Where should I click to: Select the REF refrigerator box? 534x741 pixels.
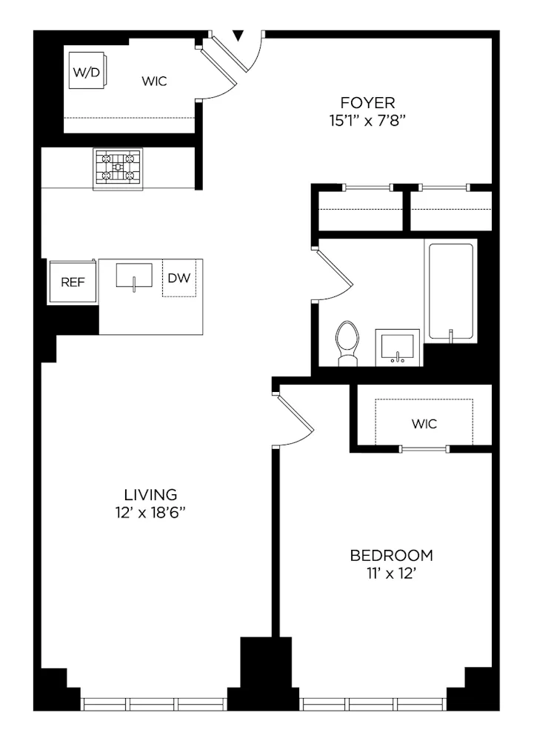pos(73,282)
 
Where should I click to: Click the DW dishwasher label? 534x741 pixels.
pos(178,278)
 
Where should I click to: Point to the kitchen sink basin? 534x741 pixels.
pos(134,275)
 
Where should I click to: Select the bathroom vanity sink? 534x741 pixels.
pos(398,347)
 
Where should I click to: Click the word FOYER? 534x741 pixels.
pos(367,102)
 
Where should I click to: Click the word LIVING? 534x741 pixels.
pos(150,494)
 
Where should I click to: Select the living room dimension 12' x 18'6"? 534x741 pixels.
pos(150,511)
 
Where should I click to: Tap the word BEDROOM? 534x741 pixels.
pos(391,555)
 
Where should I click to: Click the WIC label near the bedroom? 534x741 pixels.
pos(424,424)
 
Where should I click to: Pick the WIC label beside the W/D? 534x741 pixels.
pos(154,82)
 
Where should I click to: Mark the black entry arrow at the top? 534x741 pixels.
pos(238,36)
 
